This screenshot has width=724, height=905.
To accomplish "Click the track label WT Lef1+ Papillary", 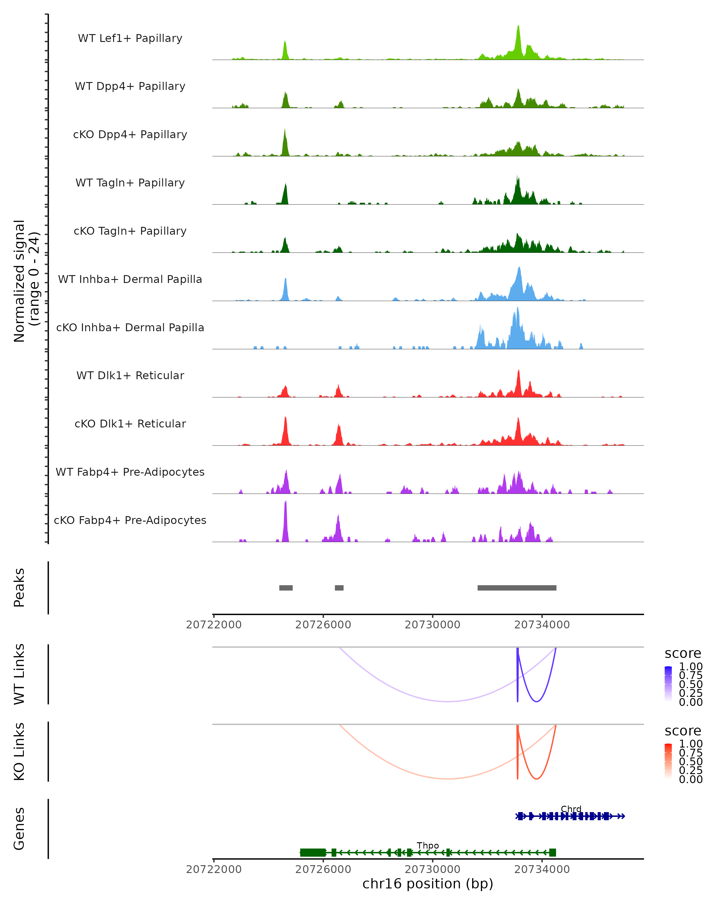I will point(130,38).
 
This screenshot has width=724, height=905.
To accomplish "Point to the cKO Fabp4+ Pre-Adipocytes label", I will point(130,520).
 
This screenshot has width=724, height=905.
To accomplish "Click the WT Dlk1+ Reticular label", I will point(130,375).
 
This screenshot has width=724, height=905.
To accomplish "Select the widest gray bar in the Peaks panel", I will point(517,588).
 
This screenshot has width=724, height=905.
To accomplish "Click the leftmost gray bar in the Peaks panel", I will point(286,588).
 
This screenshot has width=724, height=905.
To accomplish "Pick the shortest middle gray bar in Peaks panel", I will point(339,588).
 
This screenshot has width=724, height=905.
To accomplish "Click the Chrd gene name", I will point(571,809).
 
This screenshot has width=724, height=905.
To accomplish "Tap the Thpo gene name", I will point(428,845).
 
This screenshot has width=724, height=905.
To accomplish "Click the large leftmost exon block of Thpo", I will point(313,853).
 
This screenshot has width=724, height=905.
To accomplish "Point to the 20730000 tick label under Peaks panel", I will point(432,625).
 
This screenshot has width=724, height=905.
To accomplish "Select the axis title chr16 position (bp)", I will point(428,884).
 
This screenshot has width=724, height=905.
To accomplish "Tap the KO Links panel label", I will point(19,752).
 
